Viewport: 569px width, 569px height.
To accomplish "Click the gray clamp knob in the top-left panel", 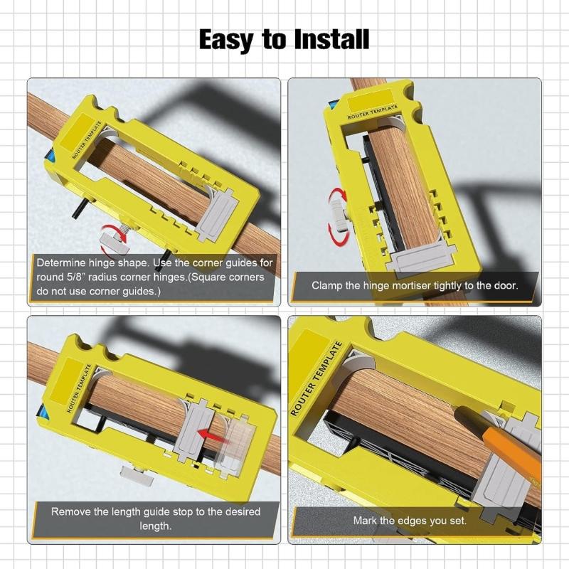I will click(113, 238).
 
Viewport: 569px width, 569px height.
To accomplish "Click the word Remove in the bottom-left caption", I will click(68, 511).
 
